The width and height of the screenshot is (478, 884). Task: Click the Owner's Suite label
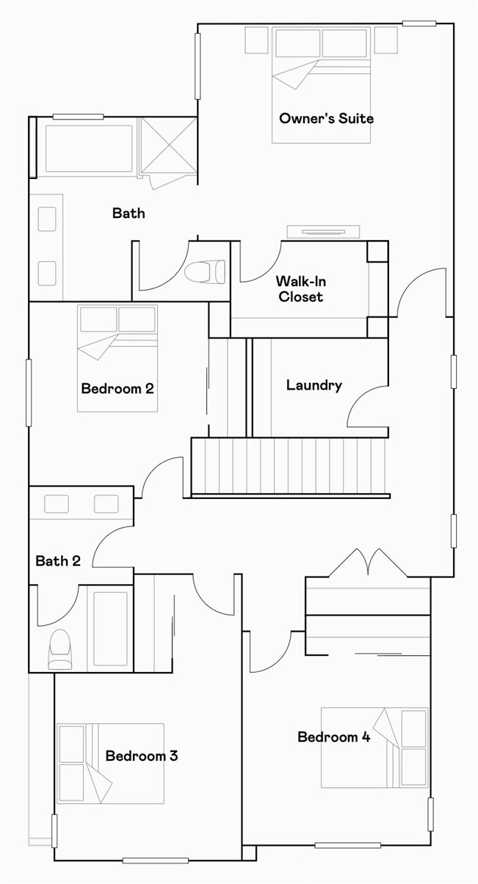click(x=326, y=118)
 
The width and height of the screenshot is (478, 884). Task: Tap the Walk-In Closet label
click(x=299, y=288)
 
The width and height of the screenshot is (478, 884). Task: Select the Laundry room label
click(x=314, y=385)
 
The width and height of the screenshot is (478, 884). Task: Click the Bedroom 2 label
click(x=117, y=388)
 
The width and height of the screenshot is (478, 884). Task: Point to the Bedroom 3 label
click(x=141, y=756)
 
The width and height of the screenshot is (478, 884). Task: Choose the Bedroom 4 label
click(x=333, y=737)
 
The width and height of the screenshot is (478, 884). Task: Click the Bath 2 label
click(x=58, y=561)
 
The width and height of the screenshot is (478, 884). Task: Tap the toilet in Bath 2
click(x=59, y=649)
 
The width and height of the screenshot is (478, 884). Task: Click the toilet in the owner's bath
click(x=205, y=272)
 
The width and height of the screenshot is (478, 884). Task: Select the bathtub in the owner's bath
click(x=89, y=148)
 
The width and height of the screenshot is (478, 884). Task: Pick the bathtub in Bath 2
click(x=110, y=628)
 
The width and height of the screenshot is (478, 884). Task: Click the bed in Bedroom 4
click(x=374, y=747)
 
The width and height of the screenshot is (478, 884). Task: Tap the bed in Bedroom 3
click(x=110, y=763)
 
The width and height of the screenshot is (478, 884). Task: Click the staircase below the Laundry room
click(x=289, y=467)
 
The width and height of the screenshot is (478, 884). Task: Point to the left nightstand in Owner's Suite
click(x=256, y=40)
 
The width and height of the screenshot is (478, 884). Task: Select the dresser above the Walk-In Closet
click(x=323, y=231)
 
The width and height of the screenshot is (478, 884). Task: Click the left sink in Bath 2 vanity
click(x=57, y=504)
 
